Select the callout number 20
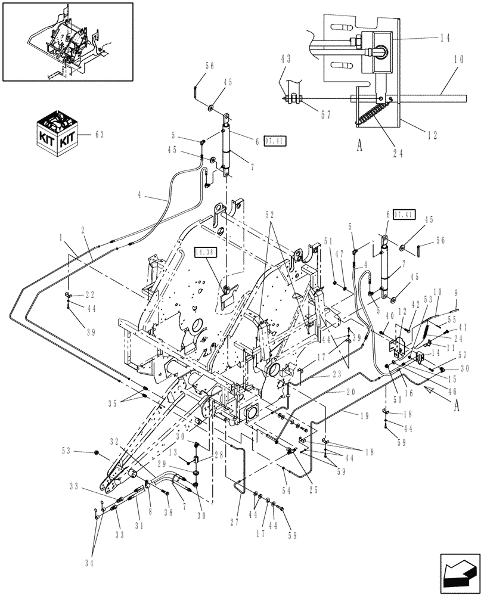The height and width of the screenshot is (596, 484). (x=350, y=393)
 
